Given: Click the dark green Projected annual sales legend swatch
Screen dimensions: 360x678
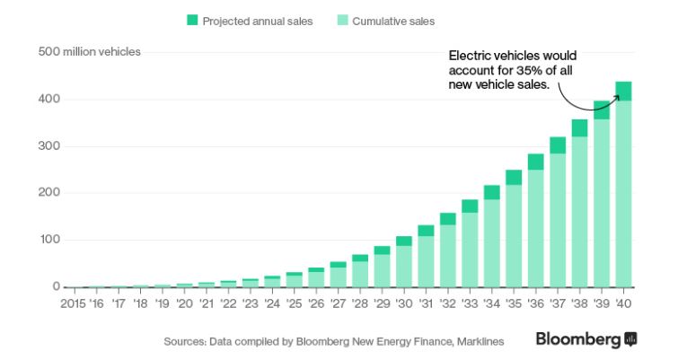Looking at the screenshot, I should pos(192,20).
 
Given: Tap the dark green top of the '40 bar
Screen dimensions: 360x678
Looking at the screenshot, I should pos(623,91).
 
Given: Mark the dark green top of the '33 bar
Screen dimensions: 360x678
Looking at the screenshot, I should pos(470,206).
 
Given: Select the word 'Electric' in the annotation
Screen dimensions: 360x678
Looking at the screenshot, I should pos(469,56).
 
